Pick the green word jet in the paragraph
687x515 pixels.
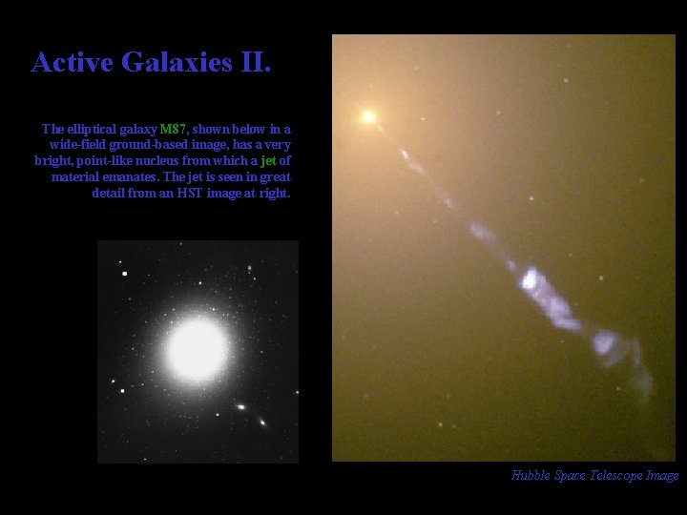coord(267,161)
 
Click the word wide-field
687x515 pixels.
coord(78,145)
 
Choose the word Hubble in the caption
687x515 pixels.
coord(530,476)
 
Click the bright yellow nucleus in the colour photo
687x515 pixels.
coord(367,117)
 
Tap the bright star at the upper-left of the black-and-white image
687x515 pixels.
coord(124,274)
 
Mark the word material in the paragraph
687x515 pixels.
coord(77,177)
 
